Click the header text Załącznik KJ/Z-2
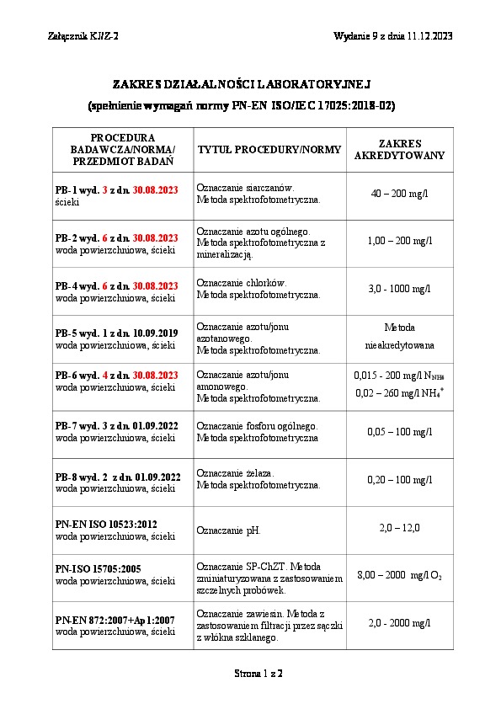pos(84,35)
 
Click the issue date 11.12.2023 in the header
pos(430,35)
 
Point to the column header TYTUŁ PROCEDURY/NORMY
pos(269,150)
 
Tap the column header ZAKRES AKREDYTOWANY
pos(400,150)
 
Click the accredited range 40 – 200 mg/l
pos(400,194)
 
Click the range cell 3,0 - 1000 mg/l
pos(400,290)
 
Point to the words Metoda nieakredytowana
pos(400,336)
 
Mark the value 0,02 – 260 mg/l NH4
pos(399,392)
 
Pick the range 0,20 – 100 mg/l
pos(400,480)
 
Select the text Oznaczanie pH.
pos(228,530)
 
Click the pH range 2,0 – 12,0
pos(400,528)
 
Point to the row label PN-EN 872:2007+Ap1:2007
pos(115,620)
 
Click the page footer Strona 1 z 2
pos(258,674)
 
